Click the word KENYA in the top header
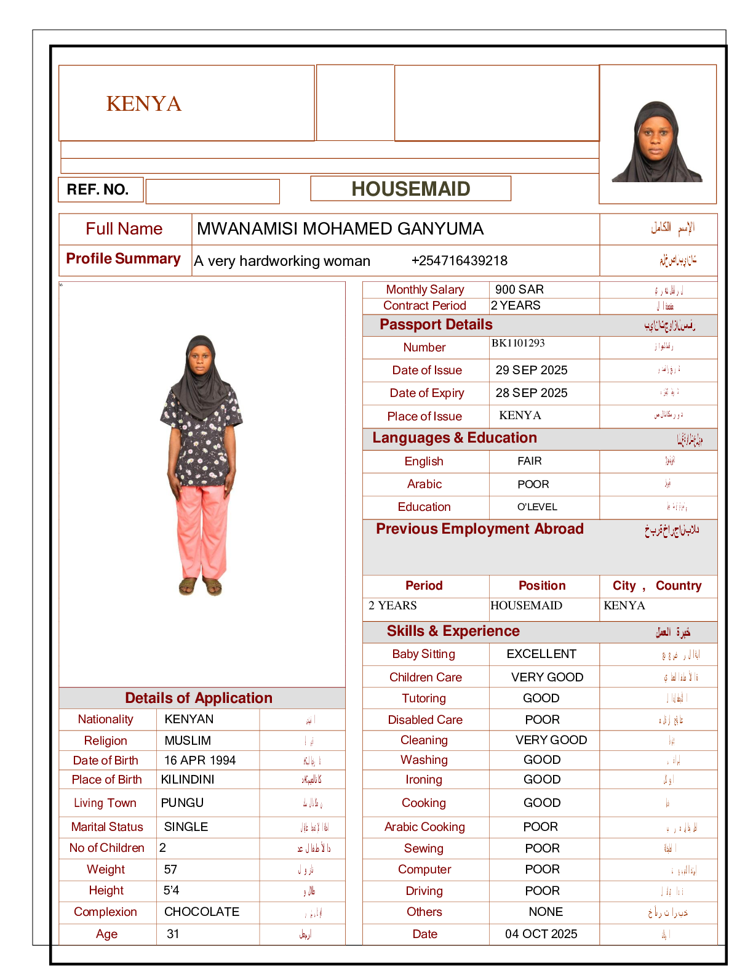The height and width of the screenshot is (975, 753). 144,103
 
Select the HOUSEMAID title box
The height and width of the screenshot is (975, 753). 410,189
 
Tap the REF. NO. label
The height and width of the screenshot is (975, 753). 98,190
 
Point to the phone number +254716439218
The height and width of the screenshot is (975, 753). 459,260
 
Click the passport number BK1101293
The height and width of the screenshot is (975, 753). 518,343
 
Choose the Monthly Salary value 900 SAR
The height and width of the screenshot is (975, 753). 519,289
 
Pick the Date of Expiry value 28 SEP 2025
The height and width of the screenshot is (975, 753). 532,393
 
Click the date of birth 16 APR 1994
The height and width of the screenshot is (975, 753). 200,760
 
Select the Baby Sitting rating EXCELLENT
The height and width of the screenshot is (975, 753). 541,654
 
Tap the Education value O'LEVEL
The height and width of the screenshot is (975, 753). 537,507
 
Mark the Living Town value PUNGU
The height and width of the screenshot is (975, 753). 182,803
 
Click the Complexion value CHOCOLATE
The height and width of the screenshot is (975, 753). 202,912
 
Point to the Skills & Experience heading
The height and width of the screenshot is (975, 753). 453,631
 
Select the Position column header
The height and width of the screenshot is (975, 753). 542,585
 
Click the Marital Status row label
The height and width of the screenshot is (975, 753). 107,827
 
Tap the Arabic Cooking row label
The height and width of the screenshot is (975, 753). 424,827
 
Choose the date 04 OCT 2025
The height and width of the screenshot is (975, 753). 541,934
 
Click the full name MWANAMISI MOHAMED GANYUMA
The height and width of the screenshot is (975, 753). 340,229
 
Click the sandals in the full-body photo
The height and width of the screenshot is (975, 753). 201,587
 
